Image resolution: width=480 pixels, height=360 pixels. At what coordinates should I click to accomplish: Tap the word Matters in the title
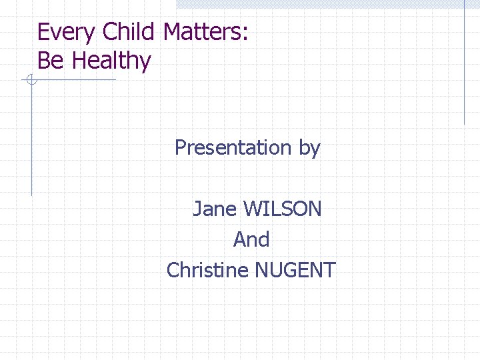202,32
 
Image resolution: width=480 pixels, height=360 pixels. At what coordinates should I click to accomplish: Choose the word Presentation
233,147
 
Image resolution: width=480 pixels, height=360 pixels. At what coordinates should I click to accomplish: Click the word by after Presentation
309,148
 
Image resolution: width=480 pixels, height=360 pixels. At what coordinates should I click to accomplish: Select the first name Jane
215,209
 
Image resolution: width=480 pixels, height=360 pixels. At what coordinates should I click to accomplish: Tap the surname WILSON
282,209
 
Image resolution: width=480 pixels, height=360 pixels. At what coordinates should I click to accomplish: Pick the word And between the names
251,239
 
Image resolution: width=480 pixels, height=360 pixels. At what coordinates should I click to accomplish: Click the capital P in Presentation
180,147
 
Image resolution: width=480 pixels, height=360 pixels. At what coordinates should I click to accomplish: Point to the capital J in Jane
197,209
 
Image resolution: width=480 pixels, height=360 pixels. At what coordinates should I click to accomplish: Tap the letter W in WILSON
253,209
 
